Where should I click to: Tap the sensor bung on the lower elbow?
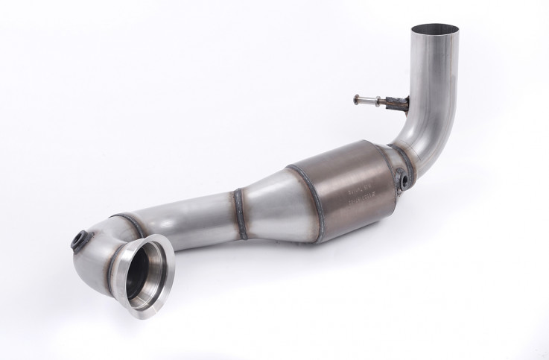78,240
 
